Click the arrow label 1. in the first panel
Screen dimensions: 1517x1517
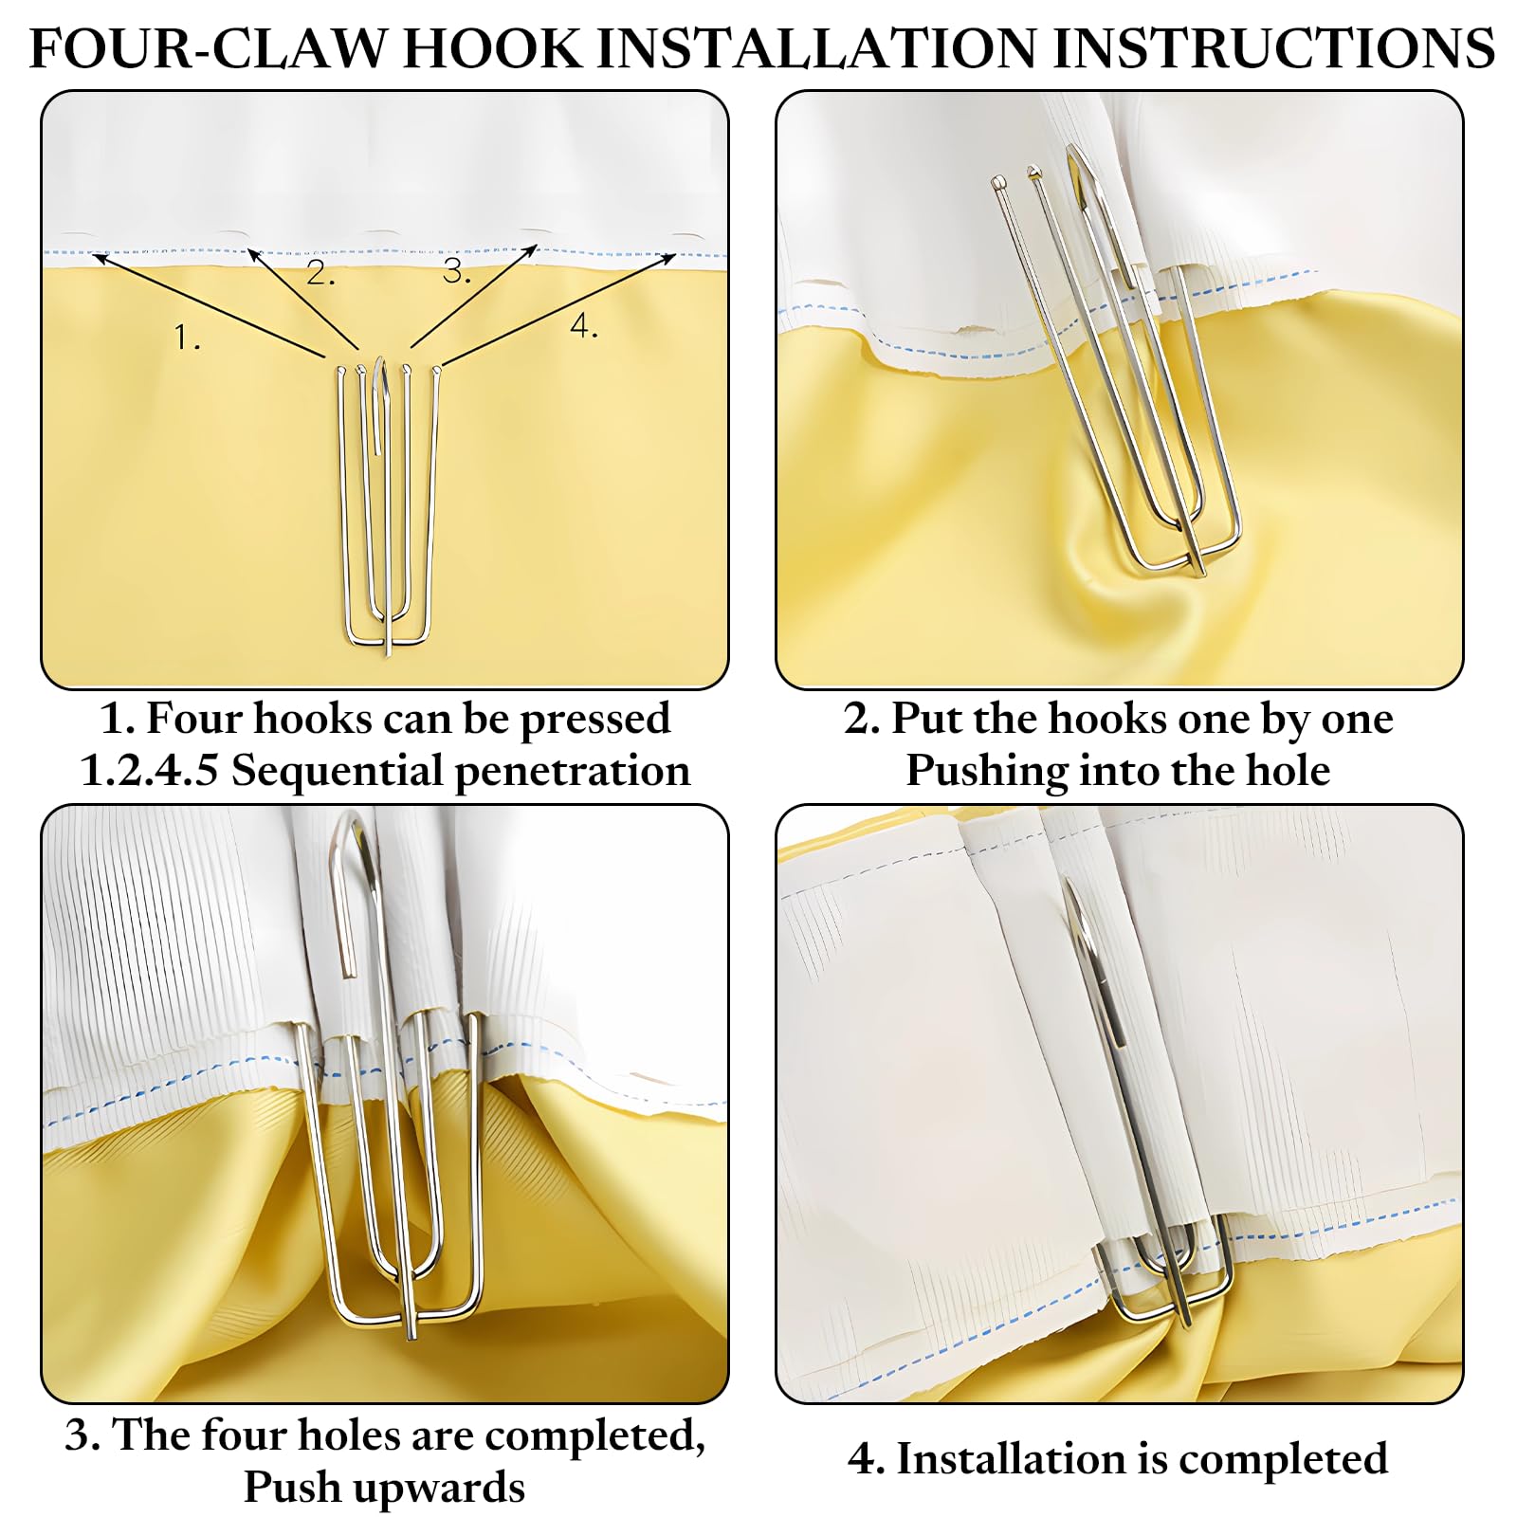pyautogui.click(x=188, y=337)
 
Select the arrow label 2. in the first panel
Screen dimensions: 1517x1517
pyautogui.click(x=320, y=273)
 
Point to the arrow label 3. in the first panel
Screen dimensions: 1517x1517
pyautogui.click(x=457, y=271)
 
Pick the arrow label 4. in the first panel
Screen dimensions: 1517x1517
pyautogui.click(x=584, y=326)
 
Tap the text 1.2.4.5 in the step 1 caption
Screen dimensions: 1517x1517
pyautogui.click(x=150, y=771)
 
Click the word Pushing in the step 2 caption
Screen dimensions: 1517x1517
pyautogui.click(x=986, y=771)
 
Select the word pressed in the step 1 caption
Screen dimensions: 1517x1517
pyautogui.click(x=594, y=720)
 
